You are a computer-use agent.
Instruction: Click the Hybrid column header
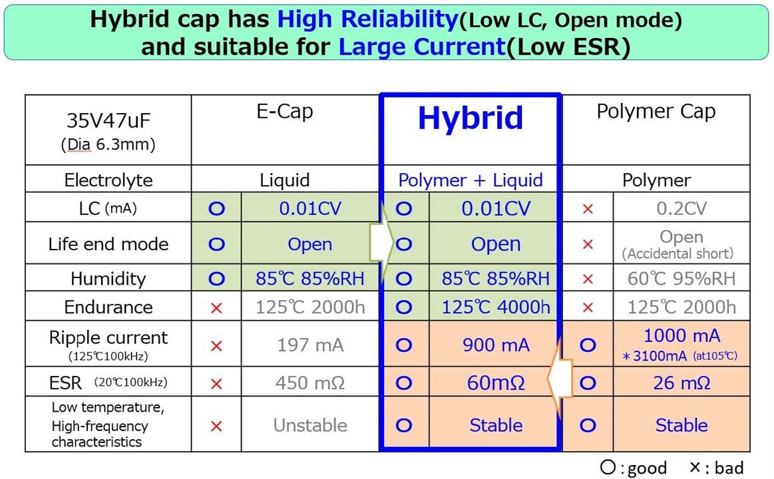click(471, 118)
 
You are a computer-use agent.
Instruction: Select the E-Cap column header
click(285, 112)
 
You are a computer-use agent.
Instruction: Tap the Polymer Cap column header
click(656, 112)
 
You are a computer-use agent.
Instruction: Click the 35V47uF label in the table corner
click(108, 121)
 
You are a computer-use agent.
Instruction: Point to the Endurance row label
click(108, 307)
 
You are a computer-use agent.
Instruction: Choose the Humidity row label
click(108, 278)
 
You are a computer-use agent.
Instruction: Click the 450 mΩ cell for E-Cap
click(310, 383)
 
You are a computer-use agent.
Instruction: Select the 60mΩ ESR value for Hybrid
click(496, 383)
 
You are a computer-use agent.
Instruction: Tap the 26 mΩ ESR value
click(681, 383)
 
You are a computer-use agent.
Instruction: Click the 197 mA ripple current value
click(310, 345)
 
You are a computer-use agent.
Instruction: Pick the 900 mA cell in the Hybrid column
click(496, 345)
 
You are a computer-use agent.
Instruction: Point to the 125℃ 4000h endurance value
click(496, 307)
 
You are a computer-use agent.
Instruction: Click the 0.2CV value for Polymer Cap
click(681, 208)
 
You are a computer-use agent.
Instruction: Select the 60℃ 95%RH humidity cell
click(681, 278)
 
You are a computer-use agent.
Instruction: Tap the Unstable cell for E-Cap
click(310, 425)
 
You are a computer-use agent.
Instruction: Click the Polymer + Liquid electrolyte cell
click(471, 180)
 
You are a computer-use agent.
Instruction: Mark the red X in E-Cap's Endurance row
click(216, 308)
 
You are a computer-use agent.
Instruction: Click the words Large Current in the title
click(421, 47)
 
